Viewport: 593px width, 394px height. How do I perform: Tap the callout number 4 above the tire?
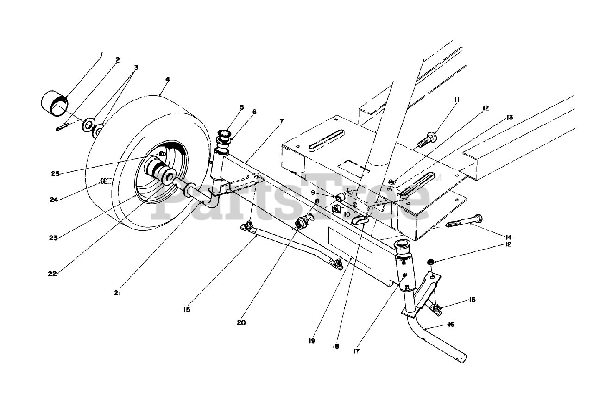(167, 80)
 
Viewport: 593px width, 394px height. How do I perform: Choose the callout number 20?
(241, 323)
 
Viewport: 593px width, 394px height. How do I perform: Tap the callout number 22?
(52, 274)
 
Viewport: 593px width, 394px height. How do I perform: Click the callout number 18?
(336, 346)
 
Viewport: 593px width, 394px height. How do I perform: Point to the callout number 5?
(241, 107)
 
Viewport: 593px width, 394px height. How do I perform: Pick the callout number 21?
(117, 293)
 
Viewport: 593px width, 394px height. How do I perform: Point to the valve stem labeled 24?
(104, 181)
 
